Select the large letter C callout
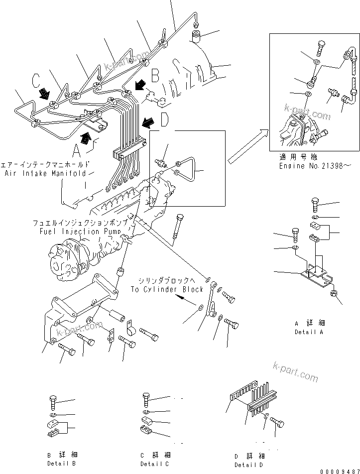[x=36, y=80]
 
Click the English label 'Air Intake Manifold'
[x=45, y=173]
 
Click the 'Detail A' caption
[x=309, y=332]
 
